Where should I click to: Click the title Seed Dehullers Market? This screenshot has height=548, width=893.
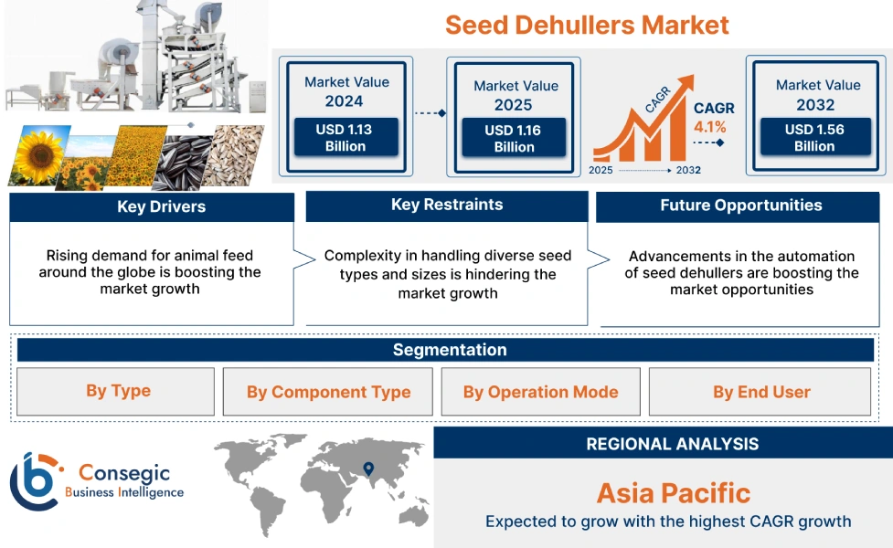(587, 25)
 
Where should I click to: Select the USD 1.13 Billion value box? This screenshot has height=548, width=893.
(346, 138)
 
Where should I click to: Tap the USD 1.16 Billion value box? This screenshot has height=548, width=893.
(513, 139)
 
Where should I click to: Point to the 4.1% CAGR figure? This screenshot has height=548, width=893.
(710, 127)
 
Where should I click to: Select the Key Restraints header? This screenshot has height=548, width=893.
(446, 205)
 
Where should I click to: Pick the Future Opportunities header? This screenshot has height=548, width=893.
(740, 205)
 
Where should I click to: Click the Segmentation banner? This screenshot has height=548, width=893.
(449, 350)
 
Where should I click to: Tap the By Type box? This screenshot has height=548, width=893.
(117, 391)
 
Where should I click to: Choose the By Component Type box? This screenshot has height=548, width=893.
(328, 392)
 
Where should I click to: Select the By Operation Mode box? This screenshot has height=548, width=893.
(540, 392)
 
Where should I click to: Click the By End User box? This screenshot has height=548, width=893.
(761, 392)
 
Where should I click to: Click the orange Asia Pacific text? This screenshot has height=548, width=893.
(673, 493)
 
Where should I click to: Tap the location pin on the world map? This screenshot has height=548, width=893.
(368, 469)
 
